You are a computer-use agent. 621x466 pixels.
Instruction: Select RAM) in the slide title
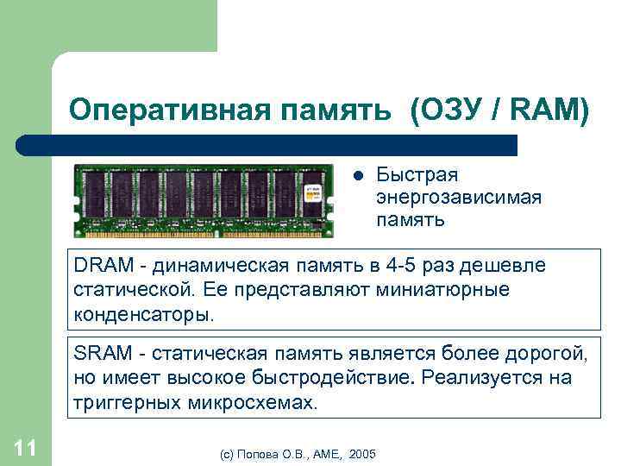tap(553, 110)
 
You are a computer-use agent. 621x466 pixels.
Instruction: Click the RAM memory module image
tap(204, 199)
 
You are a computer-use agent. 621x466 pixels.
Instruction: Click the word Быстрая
tap(417, 176)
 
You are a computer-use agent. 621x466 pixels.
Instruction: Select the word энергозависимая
tap(459, 198)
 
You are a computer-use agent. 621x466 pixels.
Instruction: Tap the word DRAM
tap(99, 266)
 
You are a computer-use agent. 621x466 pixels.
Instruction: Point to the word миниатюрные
tap(442, 289)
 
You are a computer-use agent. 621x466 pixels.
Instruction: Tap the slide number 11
tap(25, 447)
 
